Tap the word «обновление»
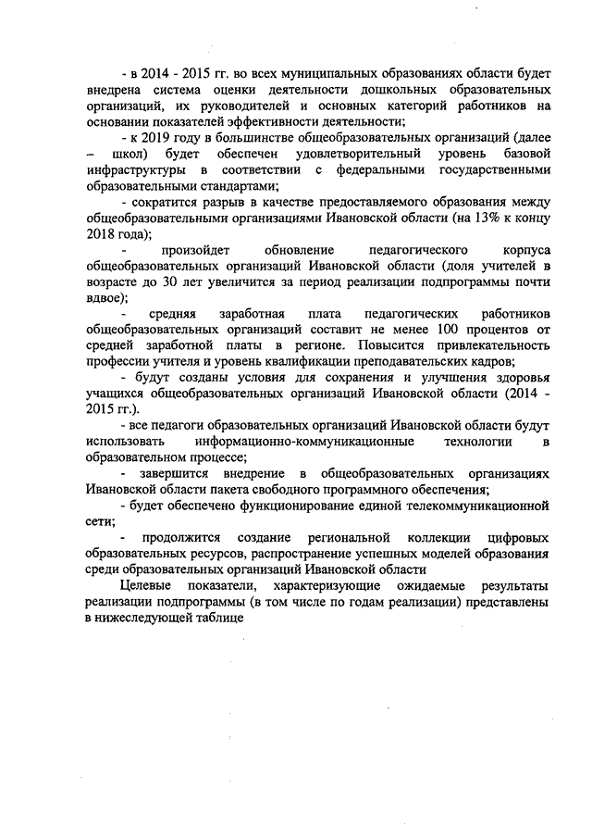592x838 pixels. coord(299,250)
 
